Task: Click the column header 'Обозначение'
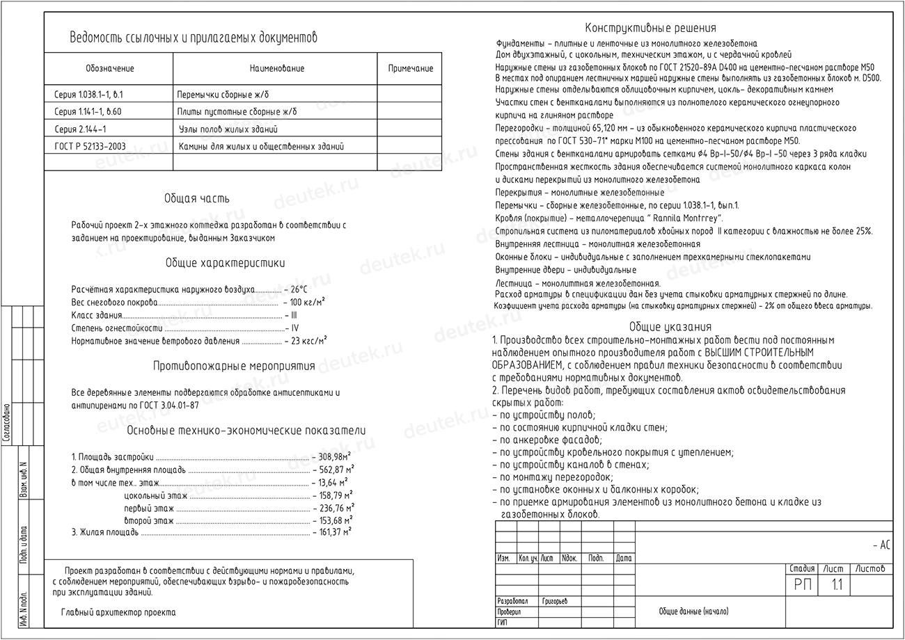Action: coord(110,69)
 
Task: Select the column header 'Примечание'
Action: coord(410,69)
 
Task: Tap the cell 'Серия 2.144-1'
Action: coord(80,129)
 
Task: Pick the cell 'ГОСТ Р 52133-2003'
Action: coord(90,147)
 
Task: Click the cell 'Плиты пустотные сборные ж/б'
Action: coord(237,112)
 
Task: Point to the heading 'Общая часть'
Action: coord(196,199)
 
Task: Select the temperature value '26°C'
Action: coord(299,289)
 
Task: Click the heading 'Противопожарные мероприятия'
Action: coord(234,366)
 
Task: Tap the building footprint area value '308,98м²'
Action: coord(333,457)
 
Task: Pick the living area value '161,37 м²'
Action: coord(335,532)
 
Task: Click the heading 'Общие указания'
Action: coord(670,327)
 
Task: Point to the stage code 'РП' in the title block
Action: coord(803,585)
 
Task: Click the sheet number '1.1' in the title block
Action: coord(836,585)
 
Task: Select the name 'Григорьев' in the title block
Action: coord(555,601)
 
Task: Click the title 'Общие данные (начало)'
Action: coord(693,612)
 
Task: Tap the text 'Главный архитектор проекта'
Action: coord(118,613)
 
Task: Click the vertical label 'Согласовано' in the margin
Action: coord(7,423)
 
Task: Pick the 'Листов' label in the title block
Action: coord(870,569)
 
